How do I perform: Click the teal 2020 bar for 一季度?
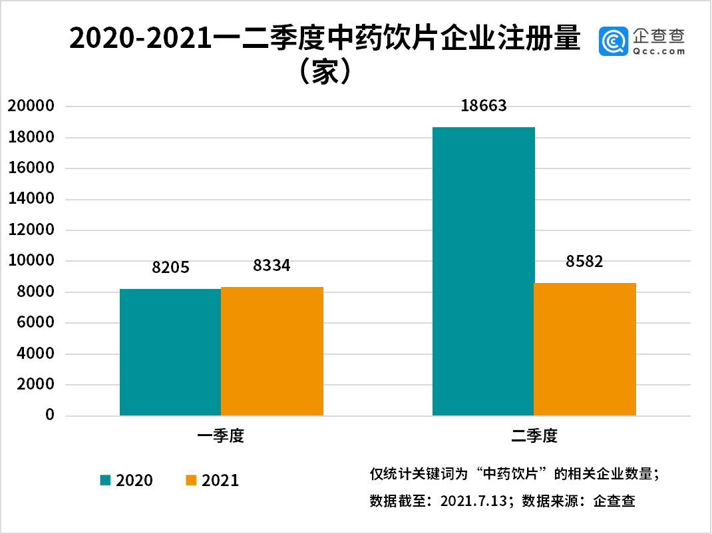[x=170, y=352]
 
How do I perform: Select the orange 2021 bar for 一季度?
[x=272, y=352]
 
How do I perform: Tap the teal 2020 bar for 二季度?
[x=483, y=272]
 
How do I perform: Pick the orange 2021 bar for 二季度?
[x=585, y=350]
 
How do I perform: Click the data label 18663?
[x=484, y=106]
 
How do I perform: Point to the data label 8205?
[x=171, y=268]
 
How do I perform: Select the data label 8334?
[x=271, y=266]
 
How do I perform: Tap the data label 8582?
[x=584, y=262]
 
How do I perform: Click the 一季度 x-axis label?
[x=222, y=437]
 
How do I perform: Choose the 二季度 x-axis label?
[x=534, y=437]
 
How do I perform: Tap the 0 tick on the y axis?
[x=49, y=415]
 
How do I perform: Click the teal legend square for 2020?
[x=105, y=479]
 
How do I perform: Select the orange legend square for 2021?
[x=191, y=479]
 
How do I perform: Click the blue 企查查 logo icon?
[x=613, y=41]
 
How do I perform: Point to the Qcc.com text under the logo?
[x=659, y=51]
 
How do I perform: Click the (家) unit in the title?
[x=322, y=72]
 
